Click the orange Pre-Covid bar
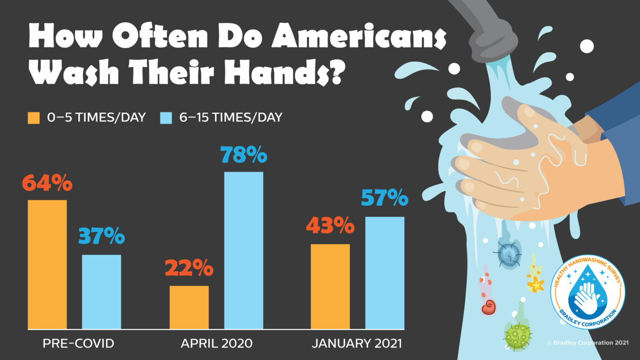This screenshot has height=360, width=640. coord(47,265)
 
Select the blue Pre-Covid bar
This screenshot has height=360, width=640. coord(101,292)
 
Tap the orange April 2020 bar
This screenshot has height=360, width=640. coord(189,307)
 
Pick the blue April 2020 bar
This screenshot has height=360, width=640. coord(243,250)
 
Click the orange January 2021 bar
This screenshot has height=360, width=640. coord(330,286)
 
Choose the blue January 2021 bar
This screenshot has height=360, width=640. coord(385,273)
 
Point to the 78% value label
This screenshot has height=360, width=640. coord(244,155)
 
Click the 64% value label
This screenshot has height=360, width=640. coord(47,182)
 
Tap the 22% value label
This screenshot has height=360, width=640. coord(189,268)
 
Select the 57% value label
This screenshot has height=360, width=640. coord(385,198)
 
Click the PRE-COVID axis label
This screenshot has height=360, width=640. coord(78,343)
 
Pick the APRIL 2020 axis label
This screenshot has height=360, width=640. coord(216,343)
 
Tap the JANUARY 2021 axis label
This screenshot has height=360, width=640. coord(357,343)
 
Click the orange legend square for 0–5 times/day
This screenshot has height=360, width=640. coord(34,118)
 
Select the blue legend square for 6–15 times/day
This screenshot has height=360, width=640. coord(166,118)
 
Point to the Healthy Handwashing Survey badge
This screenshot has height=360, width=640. coord(587,292)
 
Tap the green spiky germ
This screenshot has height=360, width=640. coord(518,334)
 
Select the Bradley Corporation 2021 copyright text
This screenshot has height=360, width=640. coord(587,342)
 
